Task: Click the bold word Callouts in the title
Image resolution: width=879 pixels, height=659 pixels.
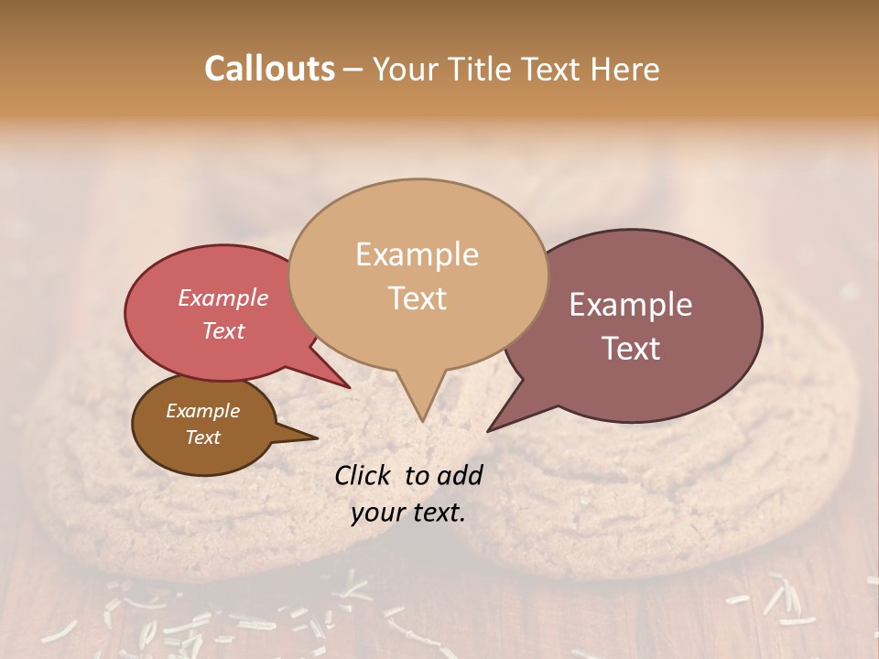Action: [x=269, y=69]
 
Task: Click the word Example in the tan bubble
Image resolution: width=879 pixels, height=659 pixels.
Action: [x=417, y=254]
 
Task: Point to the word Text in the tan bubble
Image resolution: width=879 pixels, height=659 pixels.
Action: [x=417, y=298]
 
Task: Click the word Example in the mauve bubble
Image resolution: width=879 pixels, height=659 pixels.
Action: [x=631, y=305]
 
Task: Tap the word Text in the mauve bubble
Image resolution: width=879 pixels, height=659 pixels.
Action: [x=631, y=349]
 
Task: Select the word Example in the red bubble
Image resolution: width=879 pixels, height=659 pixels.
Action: [x=222, y=297]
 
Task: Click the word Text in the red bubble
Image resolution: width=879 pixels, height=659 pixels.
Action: [x=222, y=330]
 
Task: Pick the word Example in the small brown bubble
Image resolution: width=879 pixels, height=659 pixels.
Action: [x=202, y=411]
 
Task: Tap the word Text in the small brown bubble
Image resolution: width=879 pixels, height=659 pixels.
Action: [x=202, y=438]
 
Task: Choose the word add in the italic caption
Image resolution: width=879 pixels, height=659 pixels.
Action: [x=459, y=475]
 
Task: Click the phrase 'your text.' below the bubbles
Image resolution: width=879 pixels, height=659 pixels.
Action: [x=407, y=513]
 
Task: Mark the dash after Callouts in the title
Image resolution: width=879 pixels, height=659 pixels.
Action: [x=353, y=69]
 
